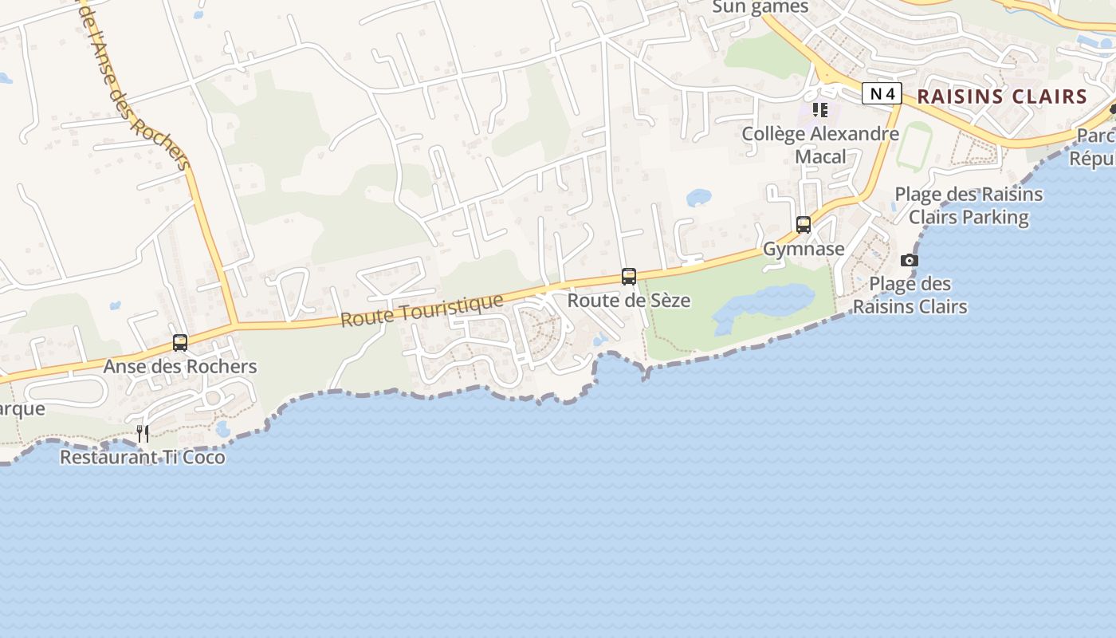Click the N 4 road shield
point(881,94)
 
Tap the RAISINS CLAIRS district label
point(1002,96)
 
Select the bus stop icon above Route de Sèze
point(629,277)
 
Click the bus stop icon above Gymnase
point(803,225)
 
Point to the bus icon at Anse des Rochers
point(180,343)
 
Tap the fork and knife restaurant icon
point(143,433)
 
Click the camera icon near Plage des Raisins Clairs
point(909,260)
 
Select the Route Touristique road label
point(422,309)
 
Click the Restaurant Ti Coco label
point(143,457)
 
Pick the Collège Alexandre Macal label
point(820,144)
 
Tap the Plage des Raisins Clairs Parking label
point(969,205)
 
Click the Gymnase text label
point(804,249)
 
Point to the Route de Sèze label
point(628,301)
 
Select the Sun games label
point(760,7)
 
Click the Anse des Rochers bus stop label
point(180,366)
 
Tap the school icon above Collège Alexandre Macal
point(820,110)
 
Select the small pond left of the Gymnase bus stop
point(699,196)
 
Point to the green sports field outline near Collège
point(914,146)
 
